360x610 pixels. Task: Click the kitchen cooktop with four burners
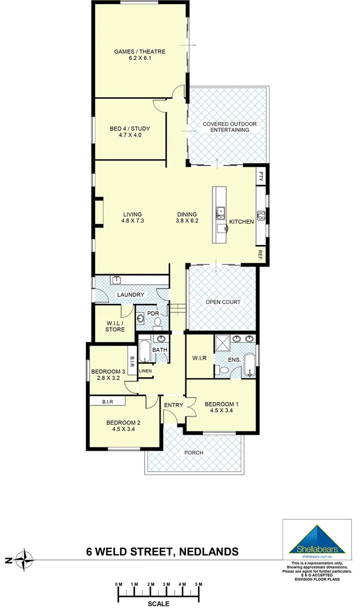pos(261,215)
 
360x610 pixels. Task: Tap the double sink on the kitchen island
pos(220,213)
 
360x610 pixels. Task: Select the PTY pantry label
pos(261,175)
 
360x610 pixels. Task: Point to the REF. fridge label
pos(261,255)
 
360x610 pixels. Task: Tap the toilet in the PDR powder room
pos(158,323)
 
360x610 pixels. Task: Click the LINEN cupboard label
pos(146,371)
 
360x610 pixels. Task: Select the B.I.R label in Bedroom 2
pos(109,402)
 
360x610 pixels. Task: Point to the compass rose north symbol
pos(24,561)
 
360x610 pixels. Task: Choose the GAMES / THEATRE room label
pos(140,51)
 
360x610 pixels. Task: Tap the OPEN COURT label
pos(223,302)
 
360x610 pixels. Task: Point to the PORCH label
pos(194,453)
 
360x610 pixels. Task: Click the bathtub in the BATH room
pos(145,351)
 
